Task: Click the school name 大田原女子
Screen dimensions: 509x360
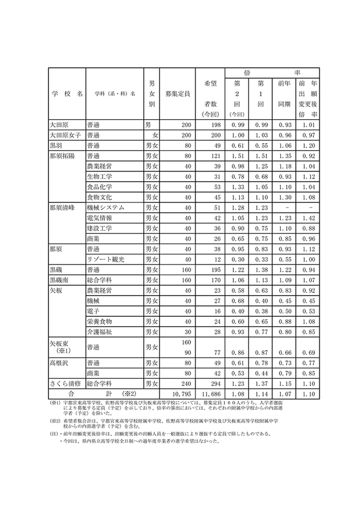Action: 65,135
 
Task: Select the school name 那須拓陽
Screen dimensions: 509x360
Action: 62,156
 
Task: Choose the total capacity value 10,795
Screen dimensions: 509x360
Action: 178,394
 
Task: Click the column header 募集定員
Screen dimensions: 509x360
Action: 178,94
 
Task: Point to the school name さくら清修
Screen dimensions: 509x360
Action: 65,384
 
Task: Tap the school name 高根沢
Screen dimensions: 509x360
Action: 59,363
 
